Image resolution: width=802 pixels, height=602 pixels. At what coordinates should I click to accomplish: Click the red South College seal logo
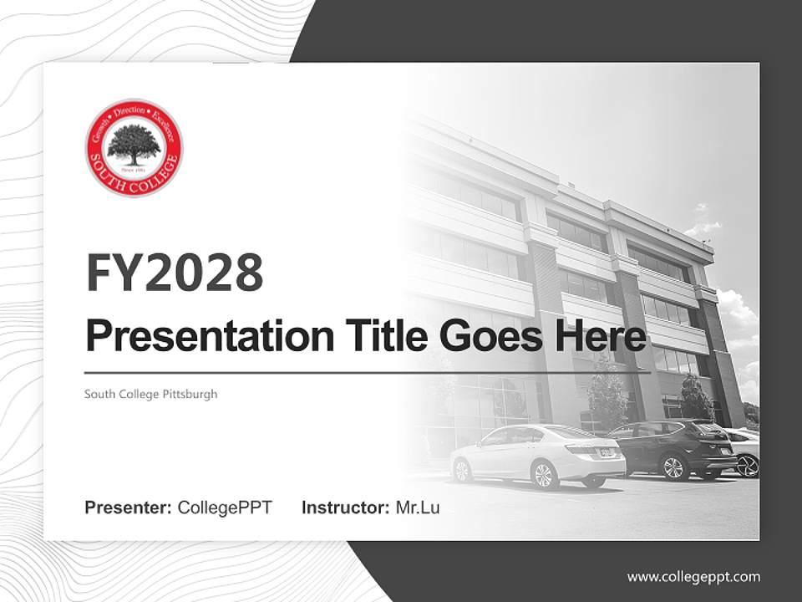134,148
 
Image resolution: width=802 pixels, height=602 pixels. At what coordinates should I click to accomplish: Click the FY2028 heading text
175,273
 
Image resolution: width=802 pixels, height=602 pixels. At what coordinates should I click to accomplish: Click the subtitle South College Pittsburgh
150,394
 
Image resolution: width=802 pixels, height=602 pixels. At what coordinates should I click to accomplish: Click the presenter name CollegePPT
225,508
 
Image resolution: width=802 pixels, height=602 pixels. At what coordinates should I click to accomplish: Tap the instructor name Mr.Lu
418,508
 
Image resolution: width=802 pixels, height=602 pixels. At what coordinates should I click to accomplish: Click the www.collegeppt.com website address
693,576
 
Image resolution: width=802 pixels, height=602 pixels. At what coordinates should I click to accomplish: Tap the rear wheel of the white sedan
545,475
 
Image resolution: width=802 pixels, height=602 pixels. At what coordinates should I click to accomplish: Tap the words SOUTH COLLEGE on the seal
134,183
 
